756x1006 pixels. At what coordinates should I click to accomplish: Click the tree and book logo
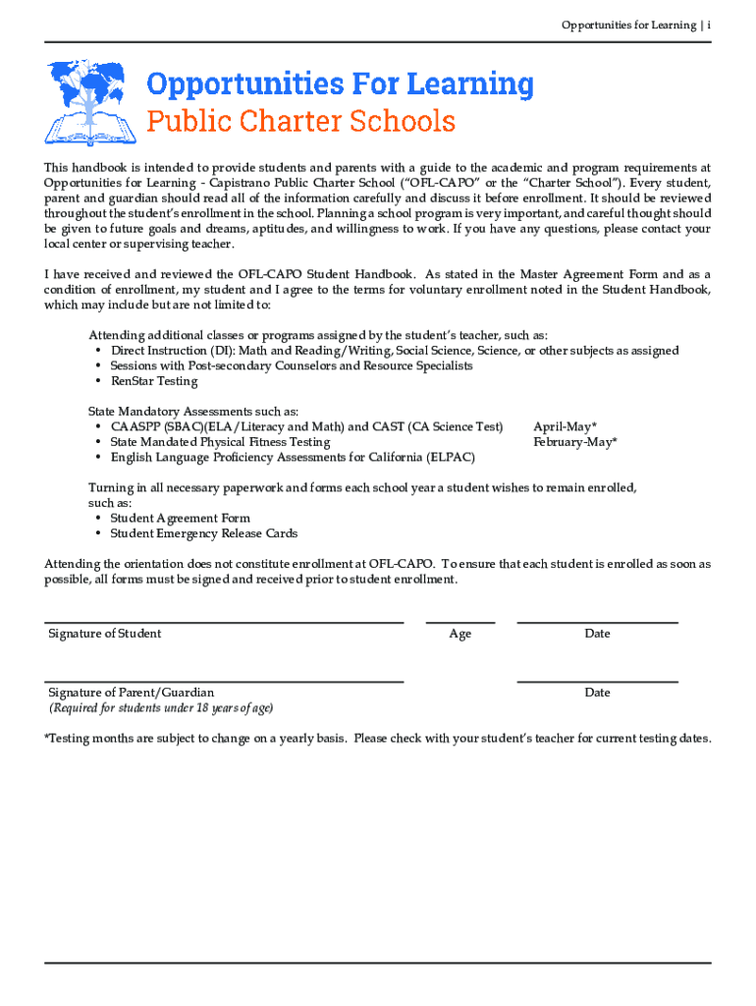(91, 102)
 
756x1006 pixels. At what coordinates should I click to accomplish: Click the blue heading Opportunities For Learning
(340, 84)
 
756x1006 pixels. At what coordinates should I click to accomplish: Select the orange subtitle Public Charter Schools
(301, 122)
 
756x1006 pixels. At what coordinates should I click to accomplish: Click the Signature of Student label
(105, 634)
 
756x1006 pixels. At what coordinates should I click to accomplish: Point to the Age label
(459, 634)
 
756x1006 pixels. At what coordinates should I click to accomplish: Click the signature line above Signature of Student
(224, 622)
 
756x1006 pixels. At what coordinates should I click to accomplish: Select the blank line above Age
(459, 622)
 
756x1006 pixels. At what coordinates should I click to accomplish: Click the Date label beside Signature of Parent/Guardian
(597, 693)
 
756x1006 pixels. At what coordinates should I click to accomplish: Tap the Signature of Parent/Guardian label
(131, 693)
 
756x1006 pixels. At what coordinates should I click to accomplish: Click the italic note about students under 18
(161, 708)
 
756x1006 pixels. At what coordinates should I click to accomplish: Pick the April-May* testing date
(565, 426)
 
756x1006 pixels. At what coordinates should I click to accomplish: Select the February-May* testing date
(574, 442)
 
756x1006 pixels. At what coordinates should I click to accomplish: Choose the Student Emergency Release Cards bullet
(203, 533)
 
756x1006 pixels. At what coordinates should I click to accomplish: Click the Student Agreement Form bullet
(180, 518)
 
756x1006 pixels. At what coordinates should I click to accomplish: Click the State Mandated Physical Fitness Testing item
(220, 442)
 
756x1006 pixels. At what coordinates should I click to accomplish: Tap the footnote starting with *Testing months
(378, 739)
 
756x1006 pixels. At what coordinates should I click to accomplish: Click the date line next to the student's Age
(597, 622)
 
